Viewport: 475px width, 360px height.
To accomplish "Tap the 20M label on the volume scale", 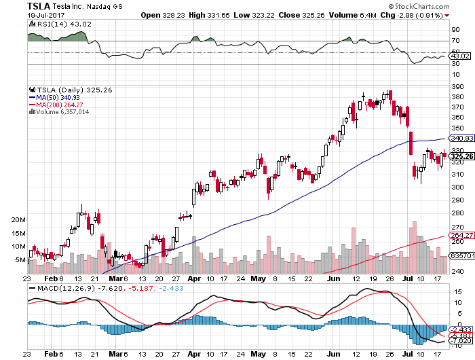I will point(18,221).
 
